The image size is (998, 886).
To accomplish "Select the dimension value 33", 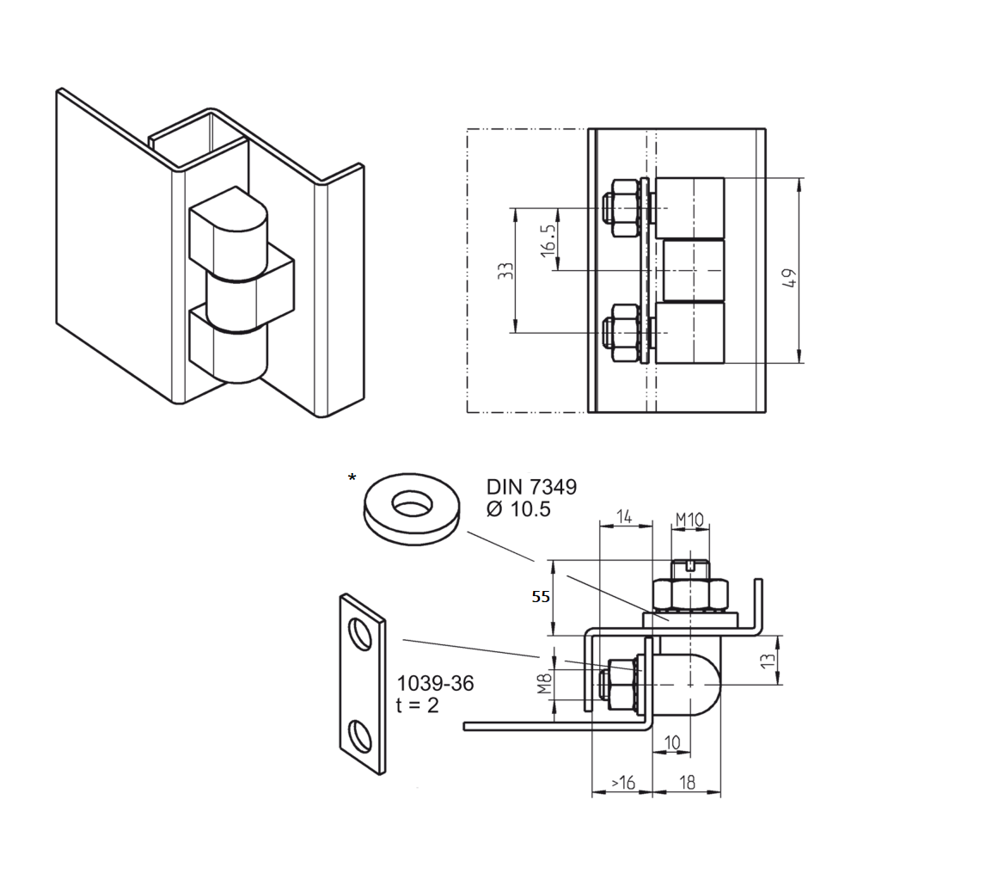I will pos(506,271).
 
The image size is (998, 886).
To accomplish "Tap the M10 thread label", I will pos(689,520).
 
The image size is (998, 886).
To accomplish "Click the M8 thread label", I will pos(544,684).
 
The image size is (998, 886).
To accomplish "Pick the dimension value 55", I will pos(540,597).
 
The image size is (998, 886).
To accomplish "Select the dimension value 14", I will pos(624,516).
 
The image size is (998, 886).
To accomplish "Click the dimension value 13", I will pos(768,660).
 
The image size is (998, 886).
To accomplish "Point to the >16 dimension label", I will pos(622,782).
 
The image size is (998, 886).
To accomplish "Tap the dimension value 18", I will pos(688,782).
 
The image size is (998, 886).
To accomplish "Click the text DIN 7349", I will pos(531,487).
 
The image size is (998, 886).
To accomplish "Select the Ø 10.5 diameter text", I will pos(517,509).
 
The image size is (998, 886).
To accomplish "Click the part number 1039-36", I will pos(435,684).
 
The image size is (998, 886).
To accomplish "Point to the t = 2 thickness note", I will pos(418,705).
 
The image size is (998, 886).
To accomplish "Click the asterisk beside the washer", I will pos(352,477).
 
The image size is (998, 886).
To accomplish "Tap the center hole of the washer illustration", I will pos(413,504).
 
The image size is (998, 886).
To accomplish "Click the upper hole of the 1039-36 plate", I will pos(361,636).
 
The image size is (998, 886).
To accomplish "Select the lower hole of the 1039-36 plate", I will pos(361,735).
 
